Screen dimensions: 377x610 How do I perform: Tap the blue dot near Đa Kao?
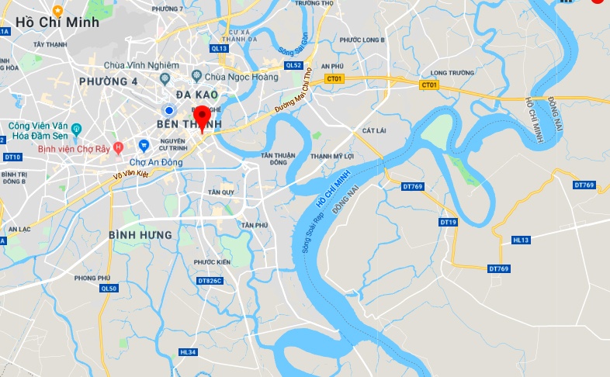168,110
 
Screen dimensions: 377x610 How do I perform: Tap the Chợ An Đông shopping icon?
143,145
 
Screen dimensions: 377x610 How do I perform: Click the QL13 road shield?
219,48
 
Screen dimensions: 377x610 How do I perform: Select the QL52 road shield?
293,66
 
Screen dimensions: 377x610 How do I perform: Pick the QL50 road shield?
109,289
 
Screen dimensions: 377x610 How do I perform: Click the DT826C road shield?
210,280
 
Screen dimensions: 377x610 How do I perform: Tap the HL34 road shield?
188,352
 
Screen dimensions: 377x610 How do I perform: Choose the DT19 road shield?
449,222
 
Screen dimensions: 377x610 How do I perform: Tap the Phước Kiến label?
213,261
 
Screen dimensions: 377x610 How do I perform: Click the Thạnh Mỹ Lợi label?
331,156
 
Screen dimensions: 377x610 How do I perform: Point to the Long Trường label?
452,73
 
